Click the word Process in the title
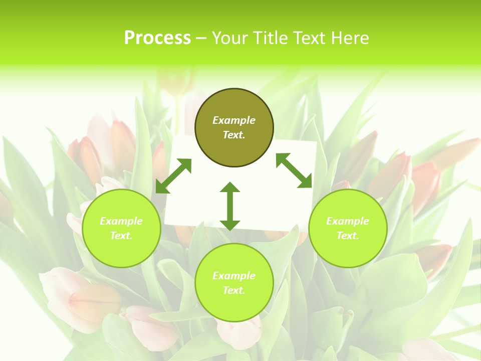(x=157, y=38)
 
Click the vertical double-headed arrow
(x=230, y=206)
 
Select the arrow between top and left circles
(x=173, y=176)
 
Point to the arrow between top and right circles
(x=294, y=170)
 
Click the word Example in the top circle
(x=234, y=120)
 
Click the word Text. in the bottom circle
(x=234, y=290)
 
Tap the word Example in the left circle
(x=121, y=221)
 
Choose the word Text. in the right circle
(x=348, y=236)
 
